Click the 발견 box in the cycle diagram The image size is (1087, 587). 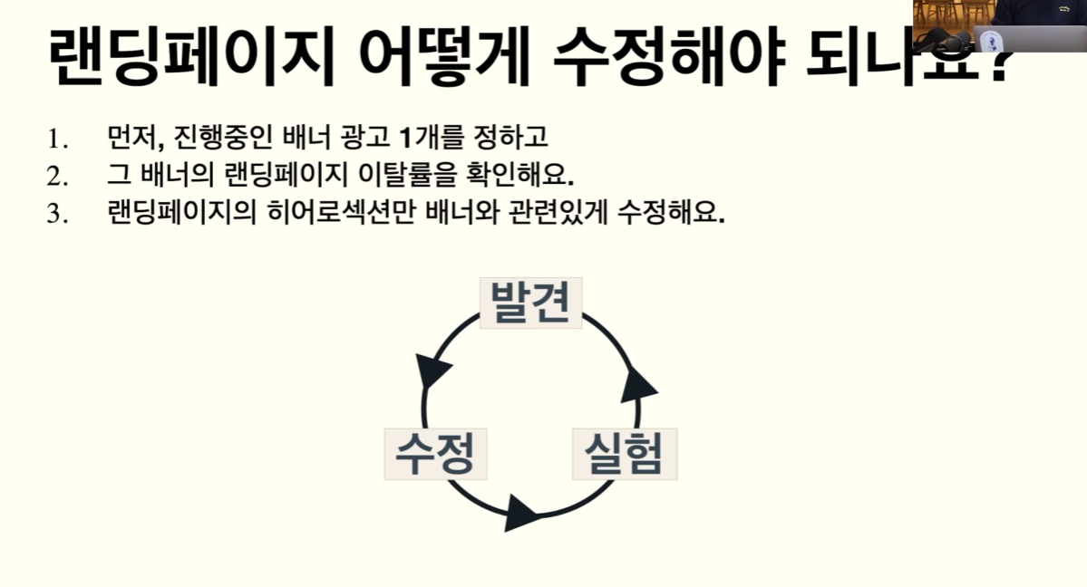(530, 303)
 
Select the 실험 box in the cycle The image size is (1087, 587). (625, 454)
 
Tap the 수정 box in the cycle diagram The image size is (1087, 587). (435, 454)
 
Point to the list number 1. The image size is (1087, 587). (57, 140)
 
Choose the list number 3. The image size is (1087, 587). (57, 215)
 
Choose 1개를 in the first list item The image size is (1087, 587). (431, 139)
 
